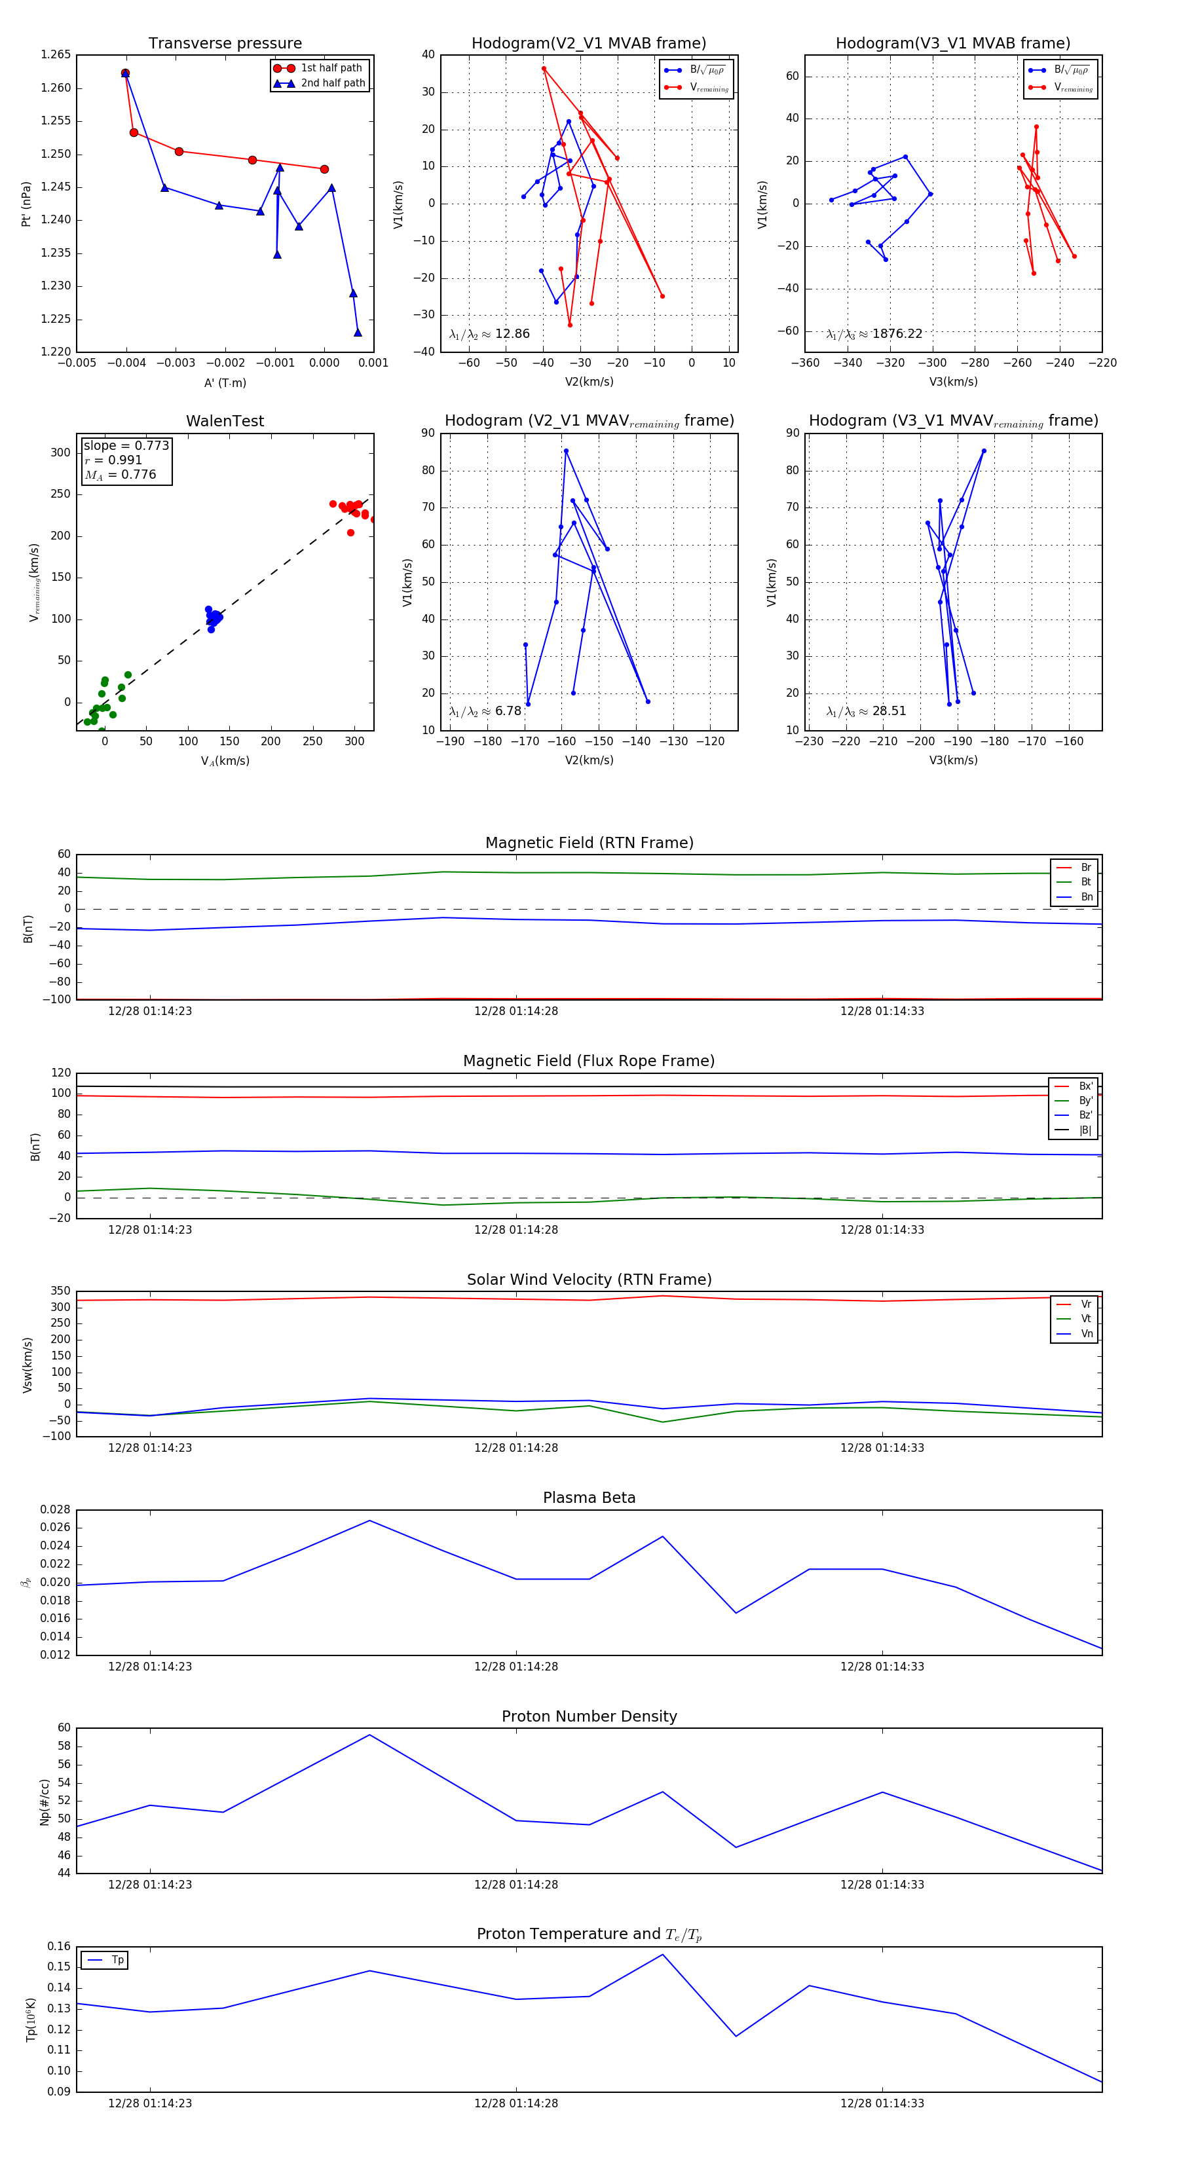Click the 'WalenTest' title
pyautogui.click(x=225, y=421)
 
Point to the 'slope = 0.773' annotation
pyautogui.click(x=126, y=445)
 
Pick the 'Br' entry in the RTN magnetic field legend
pyautogui.click(x=1085, y=868)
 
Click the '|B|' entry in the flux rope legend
pyautogui.click(x=1085, y=1130)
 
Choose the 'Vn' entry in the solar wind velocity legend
pyautogui.click(x=1086, y=1334)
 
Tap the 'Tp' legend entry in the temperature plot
pyautogui.click(x=117, y=1960)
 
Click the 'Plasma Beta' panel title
pyautogui.click(x=589, y=1498)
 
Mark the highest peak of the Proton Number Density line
pyautogui.click(x=369, y=1735)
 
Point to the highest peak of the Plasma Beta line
pyautogui.click(x=370, y=1520)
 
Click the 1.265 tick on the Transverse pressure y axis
pyautogui.click(x=56, y=54)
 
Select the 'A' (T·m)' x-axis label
pyautogui.click(x=225, y=382)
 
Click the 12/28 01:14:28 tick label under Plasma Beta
pyautogui.click(x=515, y=1666)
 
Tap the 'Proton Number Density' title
pyautogui.click(x=589, y=1716)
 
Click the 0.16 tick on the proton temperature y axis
pyautogui.click(x=59, y=1946)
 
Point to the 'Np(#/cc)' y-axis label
pyautogui.click(x=45, y=1802)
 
